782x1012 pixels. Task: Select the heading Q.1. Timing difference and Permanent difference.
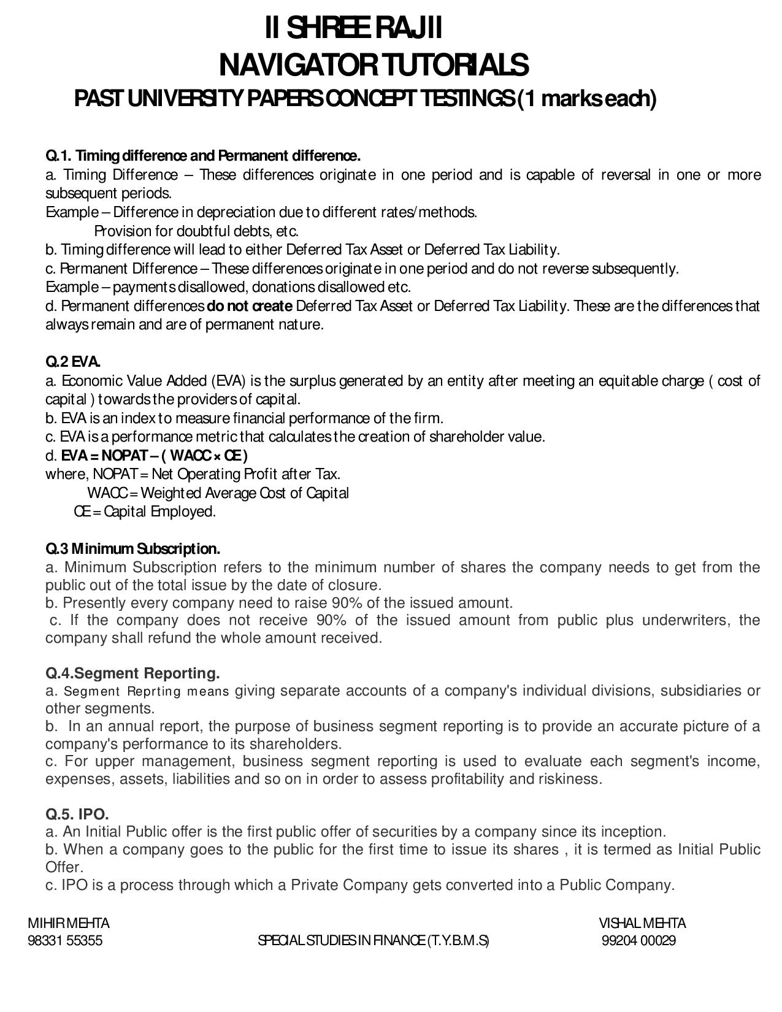pos(203,155)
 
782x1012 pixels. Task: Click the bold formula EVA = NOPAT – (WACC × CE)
pos(154,456)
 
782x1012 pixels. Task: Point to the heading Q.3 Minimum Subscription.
pos(132,548)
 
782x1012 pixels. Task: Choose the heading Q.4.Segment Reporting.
pos(132,673)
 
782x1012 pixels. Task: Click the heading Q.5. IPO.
pos(77,815)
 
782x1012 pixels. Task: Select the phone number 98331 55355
pos(65,941)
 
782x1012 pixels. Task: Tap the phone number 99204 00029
pos(638,941)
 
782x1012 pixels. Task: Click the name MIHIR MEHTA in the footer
pos(69,923)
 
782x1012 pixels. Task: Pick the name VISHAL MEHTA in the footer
pos(642,923)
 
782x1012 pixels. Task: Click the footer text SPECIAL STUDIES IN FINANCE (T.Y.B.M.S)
pos(374,941)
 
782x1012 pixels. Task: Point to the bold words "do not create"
pos(250,306)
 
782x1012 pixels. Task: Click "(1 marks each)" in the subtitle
pos(587,98)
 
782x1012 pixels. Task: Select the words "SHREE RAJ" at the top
pos(353,28)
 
